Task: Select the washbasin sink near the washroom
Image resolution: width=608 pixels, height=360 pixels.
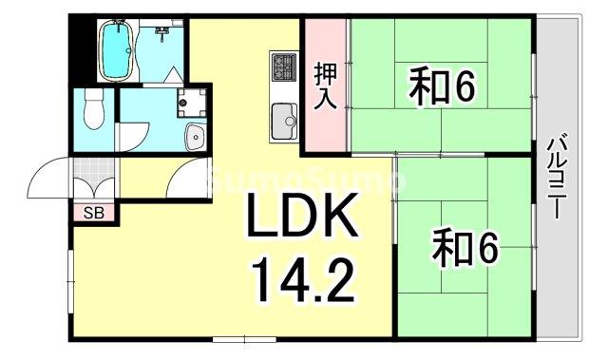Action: (x=194, y=136)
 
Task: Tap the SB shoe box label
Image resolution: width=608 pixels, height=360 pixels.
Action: (x=94, y=213)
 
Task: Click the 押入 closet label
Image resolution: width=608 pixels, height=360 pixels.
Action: (x=326, y=86)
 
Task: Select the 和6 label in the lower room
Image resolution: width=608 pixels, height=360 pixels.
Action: (x=465, y=249)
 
